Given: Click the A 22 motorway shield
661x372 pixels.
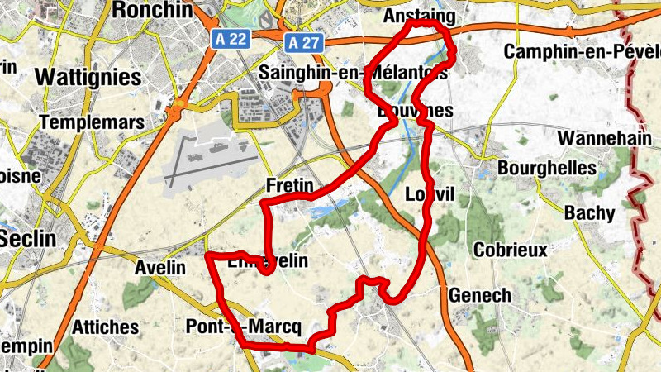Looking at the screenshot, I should [228, 39].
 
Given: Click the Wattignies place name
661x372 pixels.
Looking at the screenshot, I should [88, 77].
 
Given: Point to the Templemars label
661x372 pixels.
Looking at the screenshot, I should [91, 122].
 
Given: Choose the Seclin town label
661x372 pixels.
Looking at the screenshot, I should [27, 239].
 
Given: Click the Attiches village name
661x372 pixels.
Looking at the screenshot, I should [105, 327].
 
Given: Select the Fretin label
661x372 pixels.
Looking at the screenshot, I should [289, 185].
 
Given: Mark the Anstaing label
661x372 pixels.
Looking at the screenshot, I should [420, 17].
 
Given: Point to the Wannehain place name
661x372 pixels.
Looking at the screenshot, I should [605, 137].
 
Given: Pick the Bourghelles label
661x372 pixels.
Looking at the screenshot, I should [547, 168].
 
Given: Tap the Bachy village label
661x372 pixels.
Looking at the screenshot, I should [590, 213].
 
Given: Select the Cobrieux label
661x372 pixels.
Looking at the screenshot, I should [510, 250].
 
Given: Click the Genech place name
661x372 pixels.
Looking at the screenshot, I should [480, 295].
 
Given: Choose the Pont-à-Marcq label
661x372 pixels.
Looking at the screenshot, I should [243, 326].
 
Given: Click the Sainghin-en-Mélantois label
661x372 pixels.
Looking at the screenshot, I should [353, 73].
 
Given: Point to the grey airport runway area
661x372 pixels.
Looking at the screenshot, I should [212, 157].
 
